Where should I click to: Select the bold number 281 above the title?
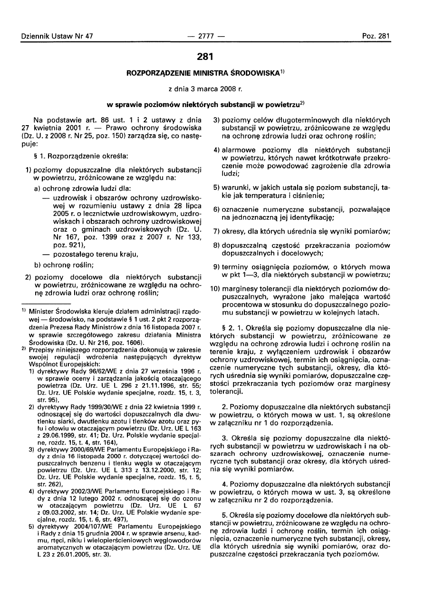point(212,57)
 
